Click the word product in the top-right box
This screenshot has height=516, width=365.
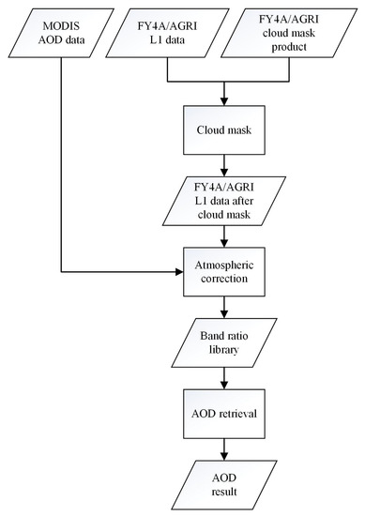pos(292,47)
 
